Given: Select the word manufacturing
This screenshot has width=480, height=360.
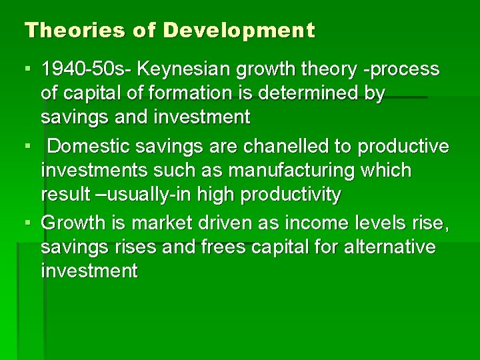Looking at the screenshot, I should [x=283, y=170].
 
